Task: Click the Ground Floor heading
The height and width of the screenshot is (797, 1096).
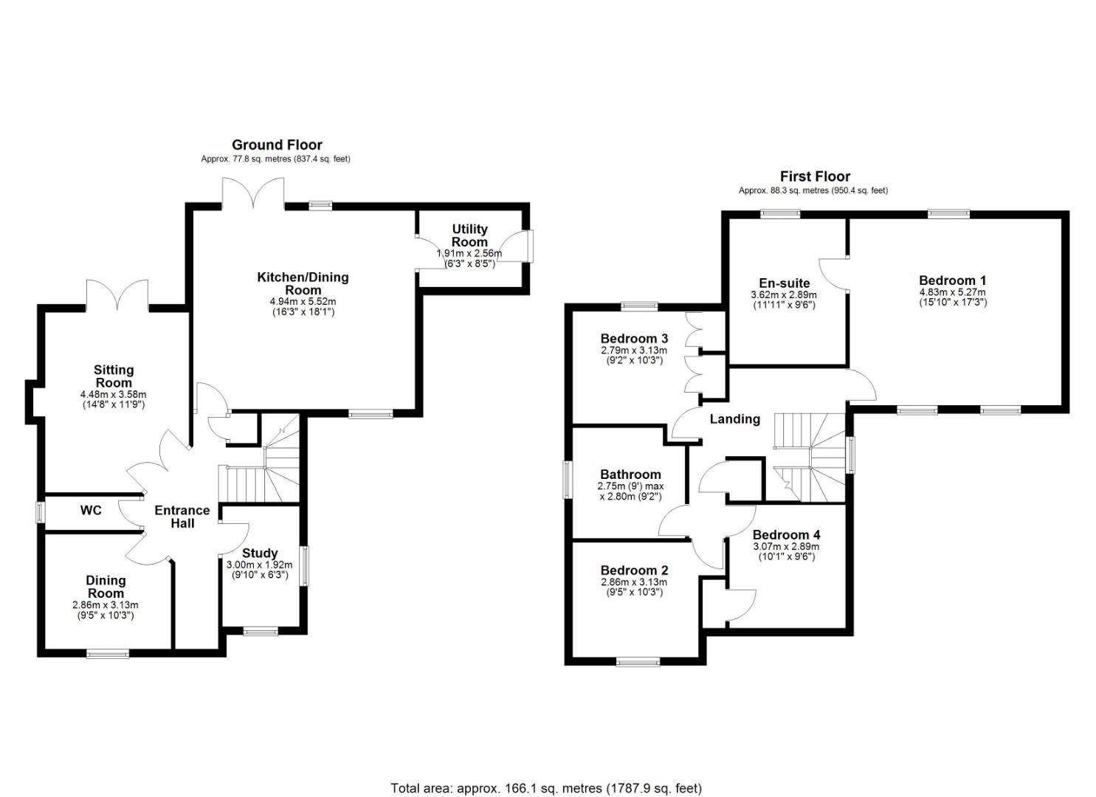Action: (277, 145)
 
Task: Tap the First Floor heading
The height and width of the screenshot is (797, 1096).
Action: (815, 176)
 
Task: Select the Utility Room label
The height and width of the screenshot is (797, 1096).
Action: (469, 235)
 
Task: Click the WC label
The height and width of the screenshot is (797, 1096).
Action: (91, 511)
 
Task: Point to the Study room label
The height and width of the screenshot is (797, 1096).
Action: (260, 553)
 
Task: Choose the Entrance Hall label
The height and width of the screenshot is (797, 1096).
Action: (182, 517)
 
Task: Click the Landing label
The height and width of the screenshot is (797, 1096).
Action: (735, 419)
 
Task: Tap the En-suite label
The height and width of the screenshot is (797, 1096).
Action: (785, 283)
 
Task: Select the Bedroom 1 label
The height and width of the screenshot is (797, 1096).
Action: (953, 280)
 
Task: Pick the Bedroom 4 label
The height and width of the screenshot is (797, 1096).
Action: (786, 535)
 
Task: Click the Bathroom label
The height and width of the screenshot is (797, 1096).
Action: (631, 474)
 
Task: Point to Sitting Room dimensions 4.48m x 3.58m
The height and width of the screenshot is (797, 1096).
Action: (114, 394)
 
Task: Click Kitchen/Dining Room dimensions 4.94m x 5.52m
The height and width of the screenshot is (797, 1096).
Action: (303, 301)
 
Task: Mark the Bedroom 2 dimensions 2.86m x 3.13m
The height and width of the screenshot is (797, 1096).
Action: (634, 582)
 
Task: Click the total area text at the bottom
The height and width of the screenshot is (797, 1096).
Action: (546, 775)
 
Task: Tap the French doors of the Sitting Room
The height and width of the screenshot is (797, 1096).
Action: (117, 295)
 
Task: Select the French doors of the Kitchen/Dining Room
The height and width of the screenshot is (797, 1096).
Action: (253, 193)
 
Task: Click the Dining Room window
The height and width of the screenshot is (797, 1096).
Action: (108, 653)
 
